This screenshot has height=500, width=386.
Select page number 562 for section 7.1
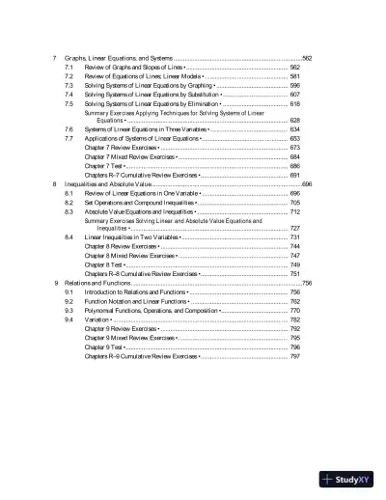[x=295, y=68]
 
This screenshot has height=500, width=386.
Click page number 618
[x=295, y=102]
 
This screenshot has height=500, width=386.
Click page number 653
[x=295, y=138]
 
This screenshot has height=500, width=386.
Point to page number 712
[x=295, y=211]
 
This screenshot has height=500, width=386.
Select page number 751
[x=295, y=273]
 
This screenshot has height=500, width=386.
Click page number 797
[x=295, y=356]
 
